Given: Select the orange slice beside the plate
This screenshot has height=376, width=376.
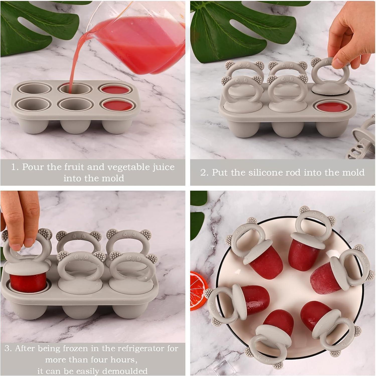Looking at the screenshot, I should coord(198,291).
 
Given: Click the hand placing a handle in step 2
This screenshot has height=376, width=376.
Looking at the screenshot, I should coord(351,38).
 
